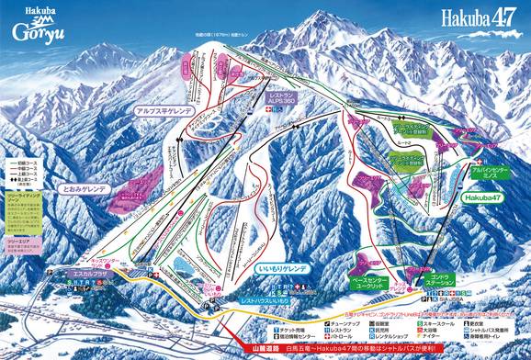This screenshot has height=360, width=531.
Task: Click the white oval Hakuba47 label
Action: click(x=482, y=197)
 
